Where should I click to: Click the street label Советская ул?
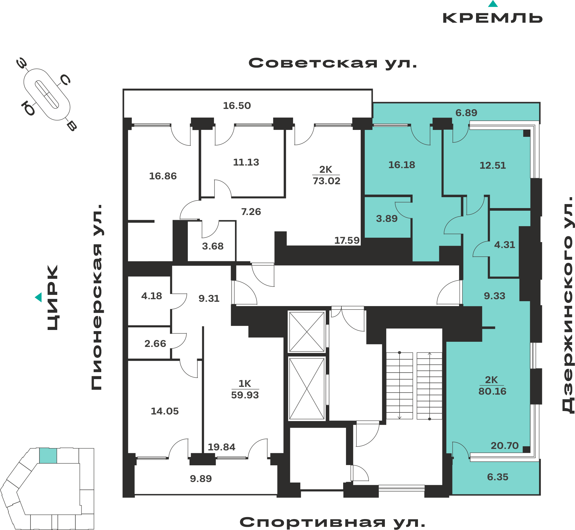[x=333, y=63]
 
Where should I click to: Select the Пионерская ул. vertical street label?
[x=97, y=297]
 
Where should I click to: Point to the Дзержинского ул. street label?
[x=568, y=305]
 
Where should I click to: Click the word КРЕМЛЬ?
[x=492, y=18]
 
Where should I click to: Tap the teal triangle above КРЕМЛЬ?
[x=493, y=4]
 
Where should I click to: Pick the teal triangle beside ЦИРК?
[x=38, y=297]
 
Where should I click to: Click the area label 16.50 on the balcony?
[x=237, y=106]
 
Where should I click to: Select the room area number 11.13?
[x=246, y=162]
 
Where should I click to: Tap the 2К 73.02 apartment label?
[x=326, y=175]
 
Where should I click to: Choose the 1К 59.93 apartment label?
[x=245, y=389]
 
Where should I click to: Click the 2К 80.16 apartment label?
[x=492, y=385]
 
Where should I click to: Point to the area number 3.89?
[x=387, y=219]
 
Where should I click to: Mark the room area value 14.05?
[x=165, y=411]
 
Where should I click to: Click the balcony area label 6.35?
[x=498, y=477]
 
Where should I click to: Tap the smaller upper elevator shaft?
[x=307, y=332]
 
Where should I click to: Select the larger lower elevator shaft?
[x=307, y=389]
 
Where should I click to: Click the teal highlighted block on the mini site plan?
[x=48, y=456]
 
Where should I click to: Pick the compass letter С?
[x=65, y=80]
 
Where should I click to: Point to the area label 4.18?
[x=152, y=296]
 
